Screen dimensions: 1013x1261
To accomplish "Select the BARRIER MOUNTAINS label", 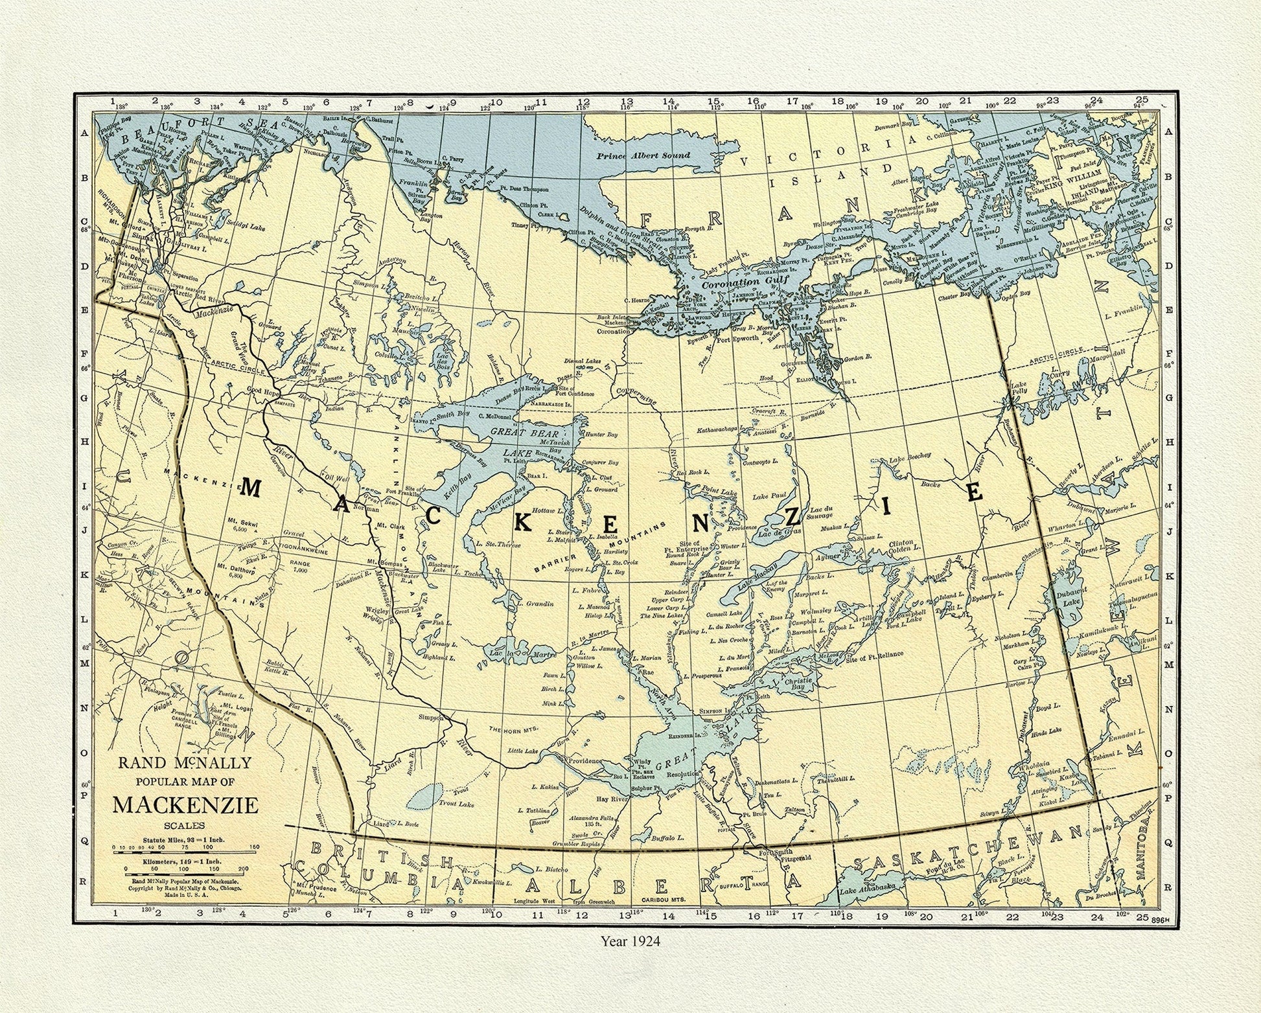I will (x=599, y=547).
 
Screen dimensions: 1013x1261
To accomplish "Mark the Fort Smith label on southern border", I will (x=780, y=852).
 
